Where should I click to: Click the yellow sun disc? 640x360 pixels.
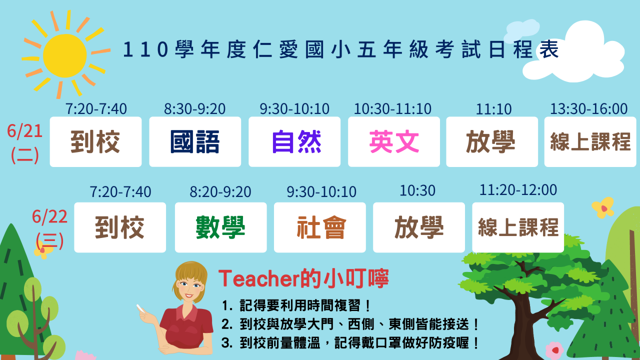point(65,55)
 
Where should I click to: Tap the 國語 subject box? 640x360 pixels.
point(195,141)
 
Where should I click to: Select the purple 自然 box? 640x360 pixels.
point(294,141)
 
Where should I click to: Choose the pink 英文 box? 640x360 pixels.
point(394,141)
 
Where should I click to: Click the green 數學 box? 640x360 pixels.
point(221,227)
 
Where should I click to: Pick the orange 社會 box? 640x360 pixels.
point(320,227)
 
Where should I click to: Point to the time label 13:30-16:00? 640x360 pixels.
point(589,109)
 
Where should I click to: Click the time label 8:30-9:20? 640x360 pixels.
point(194,109)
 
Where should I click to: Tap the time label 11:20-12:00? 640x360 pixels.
point(518,190)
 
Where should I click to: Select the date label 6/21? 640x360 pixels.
point(25,131)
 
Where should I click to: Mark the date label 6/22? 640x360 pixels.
point(49,216)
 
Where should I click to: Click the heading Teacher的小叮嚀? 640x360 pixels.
point(303,278)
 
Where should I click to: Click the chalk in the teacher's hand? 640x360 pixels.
point(139,308)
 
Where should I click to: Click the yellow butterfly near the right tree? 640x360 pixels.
point(603,207)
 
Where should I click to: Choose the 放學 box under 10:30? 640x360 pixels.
point(419,227)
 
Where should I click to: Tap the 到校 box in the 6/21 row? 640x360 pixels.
point(95,141)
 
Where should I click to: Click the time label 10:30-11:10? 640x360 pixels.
point(392,109)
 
